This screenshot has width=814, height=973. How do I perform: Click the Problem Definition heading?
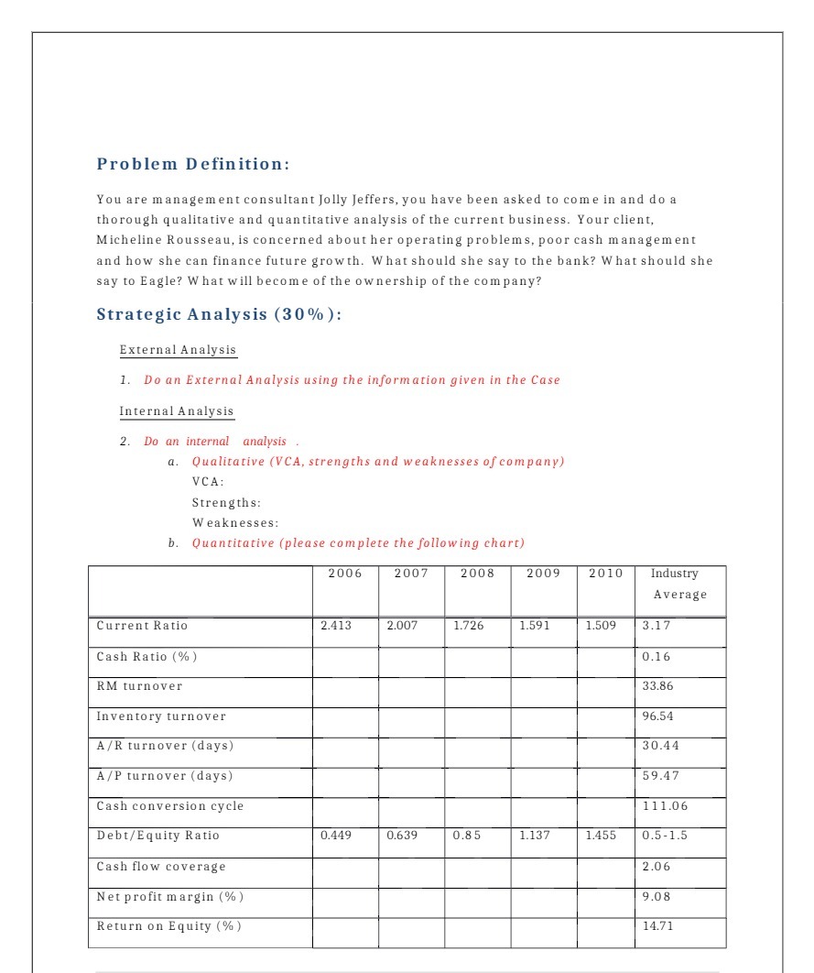[193, 164]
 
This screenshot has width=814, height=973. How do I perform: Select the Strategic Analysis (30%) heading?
[220, 314]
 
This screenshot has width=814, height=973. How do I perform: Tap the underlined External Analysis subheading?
[178, 350]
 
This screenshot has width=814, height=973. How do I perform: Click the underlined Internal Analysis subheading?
[177, 411]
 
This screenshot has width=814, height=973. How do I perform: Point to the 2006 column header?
[345, 574]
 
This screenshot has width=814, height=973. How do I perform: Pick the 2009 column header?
[543, 574]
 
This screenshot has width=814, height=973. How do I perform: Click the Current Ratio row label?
[142, 626]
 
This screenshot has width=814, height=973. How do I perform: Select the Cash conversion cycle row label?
[170, 806]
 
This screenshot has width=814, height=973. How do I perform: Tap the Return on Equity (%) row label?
[170, 926]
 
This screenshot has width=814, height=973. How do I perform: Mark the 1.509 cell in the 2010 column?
[601, 626]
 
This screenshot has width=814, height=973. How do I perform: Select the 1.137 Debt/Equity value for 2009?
[536, 836]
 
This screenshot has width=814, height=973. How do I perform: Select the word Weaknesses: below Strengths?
[235, 523]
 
